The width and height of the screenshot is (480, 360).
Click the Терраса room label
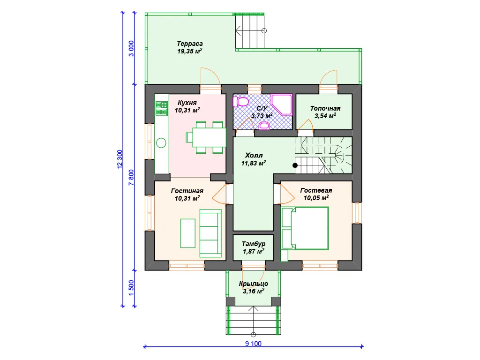(x=190, y=44)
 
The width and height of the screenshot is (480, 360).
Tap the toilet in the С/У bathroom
(x=241, y=101)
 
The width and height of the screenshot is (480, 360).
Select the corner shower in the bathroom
(x=282, y=105)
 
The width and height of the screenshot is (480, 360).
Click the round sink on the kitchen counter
(x=161, y=143)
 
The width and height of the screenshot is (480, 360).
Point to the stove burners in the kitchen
(x=162, y=109)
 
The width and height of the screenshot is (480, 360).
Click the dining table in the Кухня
(x=209, y=137)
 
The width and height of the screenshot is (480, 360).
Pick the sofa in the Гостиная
(x=210, y=233)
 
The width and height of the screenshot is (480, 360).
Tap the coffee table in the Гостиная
(x=187, y=233)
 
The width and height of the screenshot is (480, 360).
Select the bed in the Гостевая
(x=309, y=228)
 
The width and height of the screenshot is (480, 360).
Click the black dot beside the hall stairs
(x=295, y=165)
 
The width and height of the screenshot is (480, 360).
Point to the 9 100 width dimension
(x=254, y=344)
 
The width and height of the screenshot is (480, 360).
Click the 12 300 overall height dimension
(x=120, y=159)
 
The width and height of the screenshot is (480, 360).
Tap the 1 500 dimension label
(x=131, y=288)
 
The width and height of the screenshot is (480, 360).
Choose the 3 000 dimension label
(x=131, y=48)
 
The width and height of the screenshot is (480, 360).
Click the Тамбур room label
(x=254, y=244)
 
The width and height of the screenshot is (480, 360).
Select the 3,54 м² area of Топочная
(x=325, y=116)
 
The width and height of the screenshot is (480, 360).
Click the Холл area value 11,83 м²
(x=254, y=163)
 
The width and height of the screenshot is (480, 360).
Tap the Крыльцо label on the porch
(x=254, y=284)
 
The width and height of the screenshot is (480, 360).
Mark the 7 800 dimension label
(x=131, y=178)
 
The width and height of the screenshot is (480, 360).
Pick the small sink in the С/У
(x=264, y=126)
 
